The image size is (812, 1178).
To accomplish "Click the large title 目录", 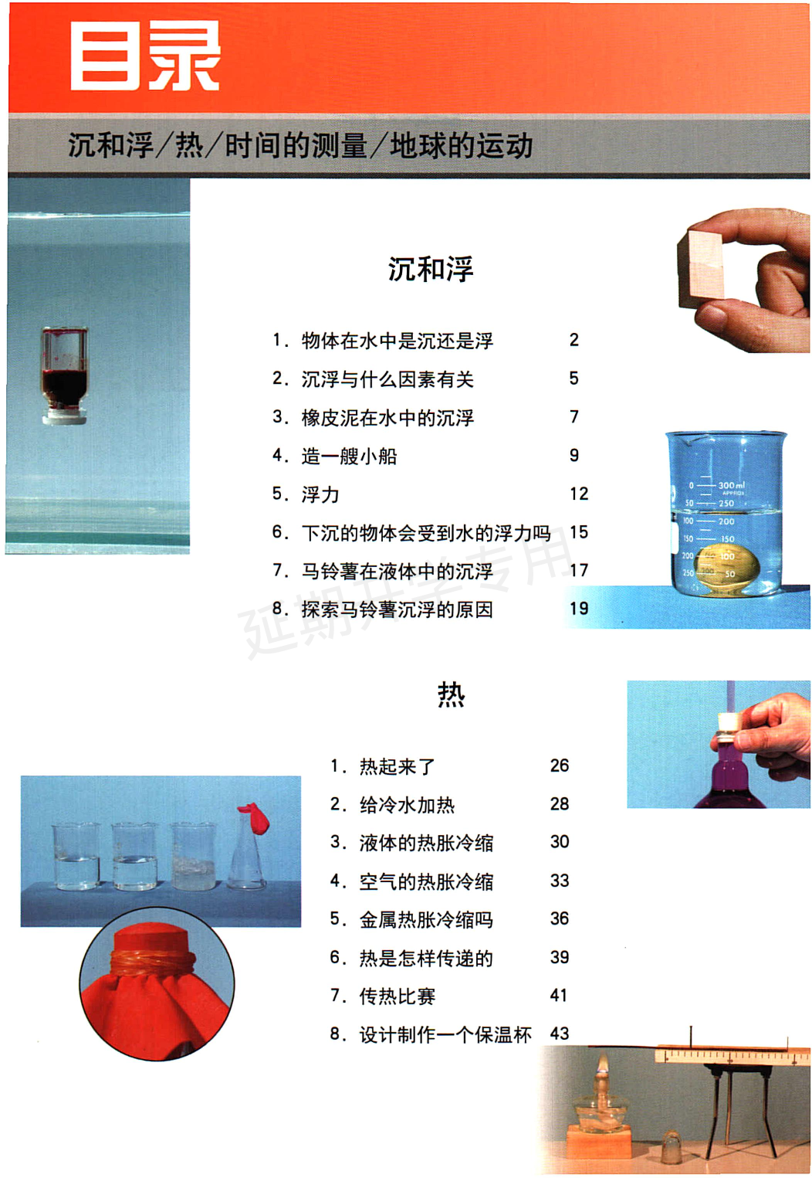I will [x=144, y=56].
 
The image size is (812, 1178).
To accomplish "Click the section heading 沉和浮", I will [x=430, y=269].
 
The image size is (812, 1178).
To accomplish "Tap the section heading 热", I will [x=451, y=694].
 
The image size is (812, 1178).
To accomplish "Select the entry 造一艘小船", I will [x=349, y=456].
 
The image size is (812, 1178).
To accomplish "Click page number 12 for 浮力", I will [x=579, y=494].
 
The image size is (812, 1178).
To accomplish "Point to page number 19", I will [x=579, y=609].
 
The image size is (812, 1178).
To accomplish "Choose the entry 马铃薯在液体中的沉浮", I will [x=397, y=571].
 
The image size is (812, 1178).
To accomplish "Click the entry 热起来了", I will [x=398, y=766].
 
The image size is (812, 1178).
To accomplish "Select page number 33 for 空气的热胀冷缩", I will [x=560, y=881].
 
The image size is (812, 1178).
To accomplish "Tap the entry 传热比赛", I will [x=398, y=996].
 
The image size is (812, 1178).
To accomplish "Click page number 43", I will [x=560, y=1034].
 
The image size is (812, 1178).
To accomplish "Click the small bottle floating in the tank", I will [x=65, y=375].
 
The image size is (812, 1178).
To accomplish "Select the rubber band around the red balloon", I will [x=154, y=962].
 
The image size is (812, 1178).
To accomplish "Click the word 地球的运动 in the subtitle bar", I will [x=461, y=145].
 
